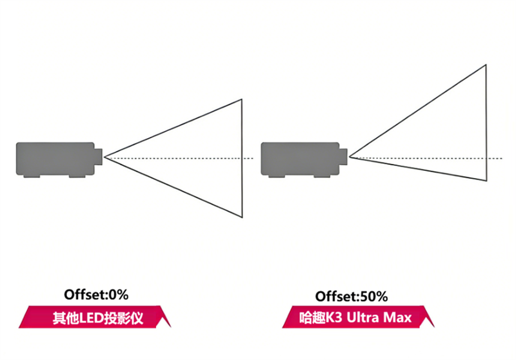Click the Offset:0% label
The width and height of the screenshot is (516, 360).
tap(97, 295)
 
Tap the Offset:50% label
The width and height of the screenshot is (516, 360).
tap(352, 297)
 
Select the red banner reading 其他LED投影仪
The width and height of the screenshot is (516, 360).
tap(97, 317)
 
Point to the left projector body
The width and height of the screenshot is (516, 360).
tap(55, 159)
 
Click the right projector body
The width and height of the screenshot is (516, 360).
tap(300, 159)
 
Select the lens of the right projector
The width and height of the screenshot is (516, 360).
tap(344, 155)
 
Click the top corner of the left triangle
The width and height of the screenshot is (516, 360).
tap(241, 99)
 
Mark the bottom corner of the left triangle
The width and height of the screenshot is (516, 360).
tap(241, 217)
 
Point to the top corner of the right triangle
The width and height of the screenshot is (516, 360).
tap(486, 65)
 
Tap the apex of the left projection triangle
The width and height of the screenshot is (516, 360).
tap(105, 157)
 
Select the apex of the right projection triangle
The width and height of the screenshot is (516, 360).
tap(350, 157)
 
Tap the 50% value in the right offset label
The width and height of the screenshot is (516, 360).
tap(374, 297)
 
